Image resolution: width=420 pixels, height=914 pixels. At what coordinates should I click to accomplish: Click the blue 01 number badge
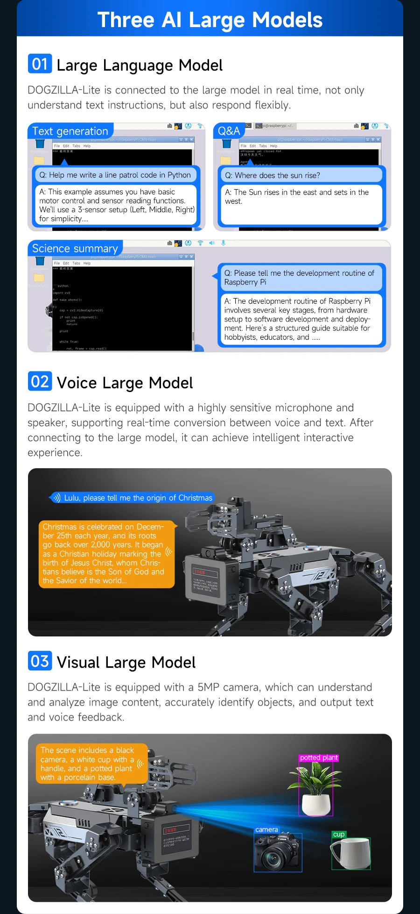pos(40,64)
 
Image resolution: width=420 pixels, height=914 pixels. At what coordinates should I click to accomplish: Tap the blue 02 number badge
pos(40,381)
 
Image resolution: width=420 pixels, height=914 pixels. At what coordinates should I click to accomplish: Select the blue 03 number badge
pos(40,661)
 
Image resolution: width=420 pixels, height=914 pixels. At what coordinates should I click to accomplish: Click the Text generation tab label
pos(70,131)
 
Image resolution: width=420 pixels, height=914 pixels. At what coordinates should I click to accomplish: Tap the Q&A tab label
pos(229,131)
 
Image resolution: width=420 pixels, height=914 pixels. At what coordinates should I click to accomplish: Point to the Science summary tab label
pos(75,249)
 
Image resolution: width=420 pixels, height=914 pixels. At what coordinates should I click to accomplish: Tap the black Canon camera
pos(278,853)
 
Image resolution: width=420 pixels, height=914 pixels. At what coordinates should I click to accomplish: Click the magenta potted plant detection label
pos(319,757)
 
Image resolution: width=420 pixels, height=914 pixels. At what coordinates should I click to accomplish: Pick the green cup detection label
pos(339,834)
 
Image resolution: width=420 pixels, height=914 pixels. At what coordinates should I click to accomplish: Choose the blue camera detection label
pos(266,829)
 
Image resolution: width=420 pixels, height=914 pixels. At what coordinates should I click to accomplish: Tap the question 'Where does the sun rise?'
pos(273,175)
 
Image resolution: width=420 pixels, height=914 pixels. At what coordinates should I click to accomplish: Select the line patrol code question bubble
pos(115,175)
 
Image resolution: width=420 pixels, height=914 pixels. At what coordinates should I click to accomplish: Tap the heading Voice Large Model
pos(125,383)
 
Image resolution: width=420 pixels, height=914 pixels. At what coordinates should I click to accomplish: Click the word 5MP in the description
pos(208,687)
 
